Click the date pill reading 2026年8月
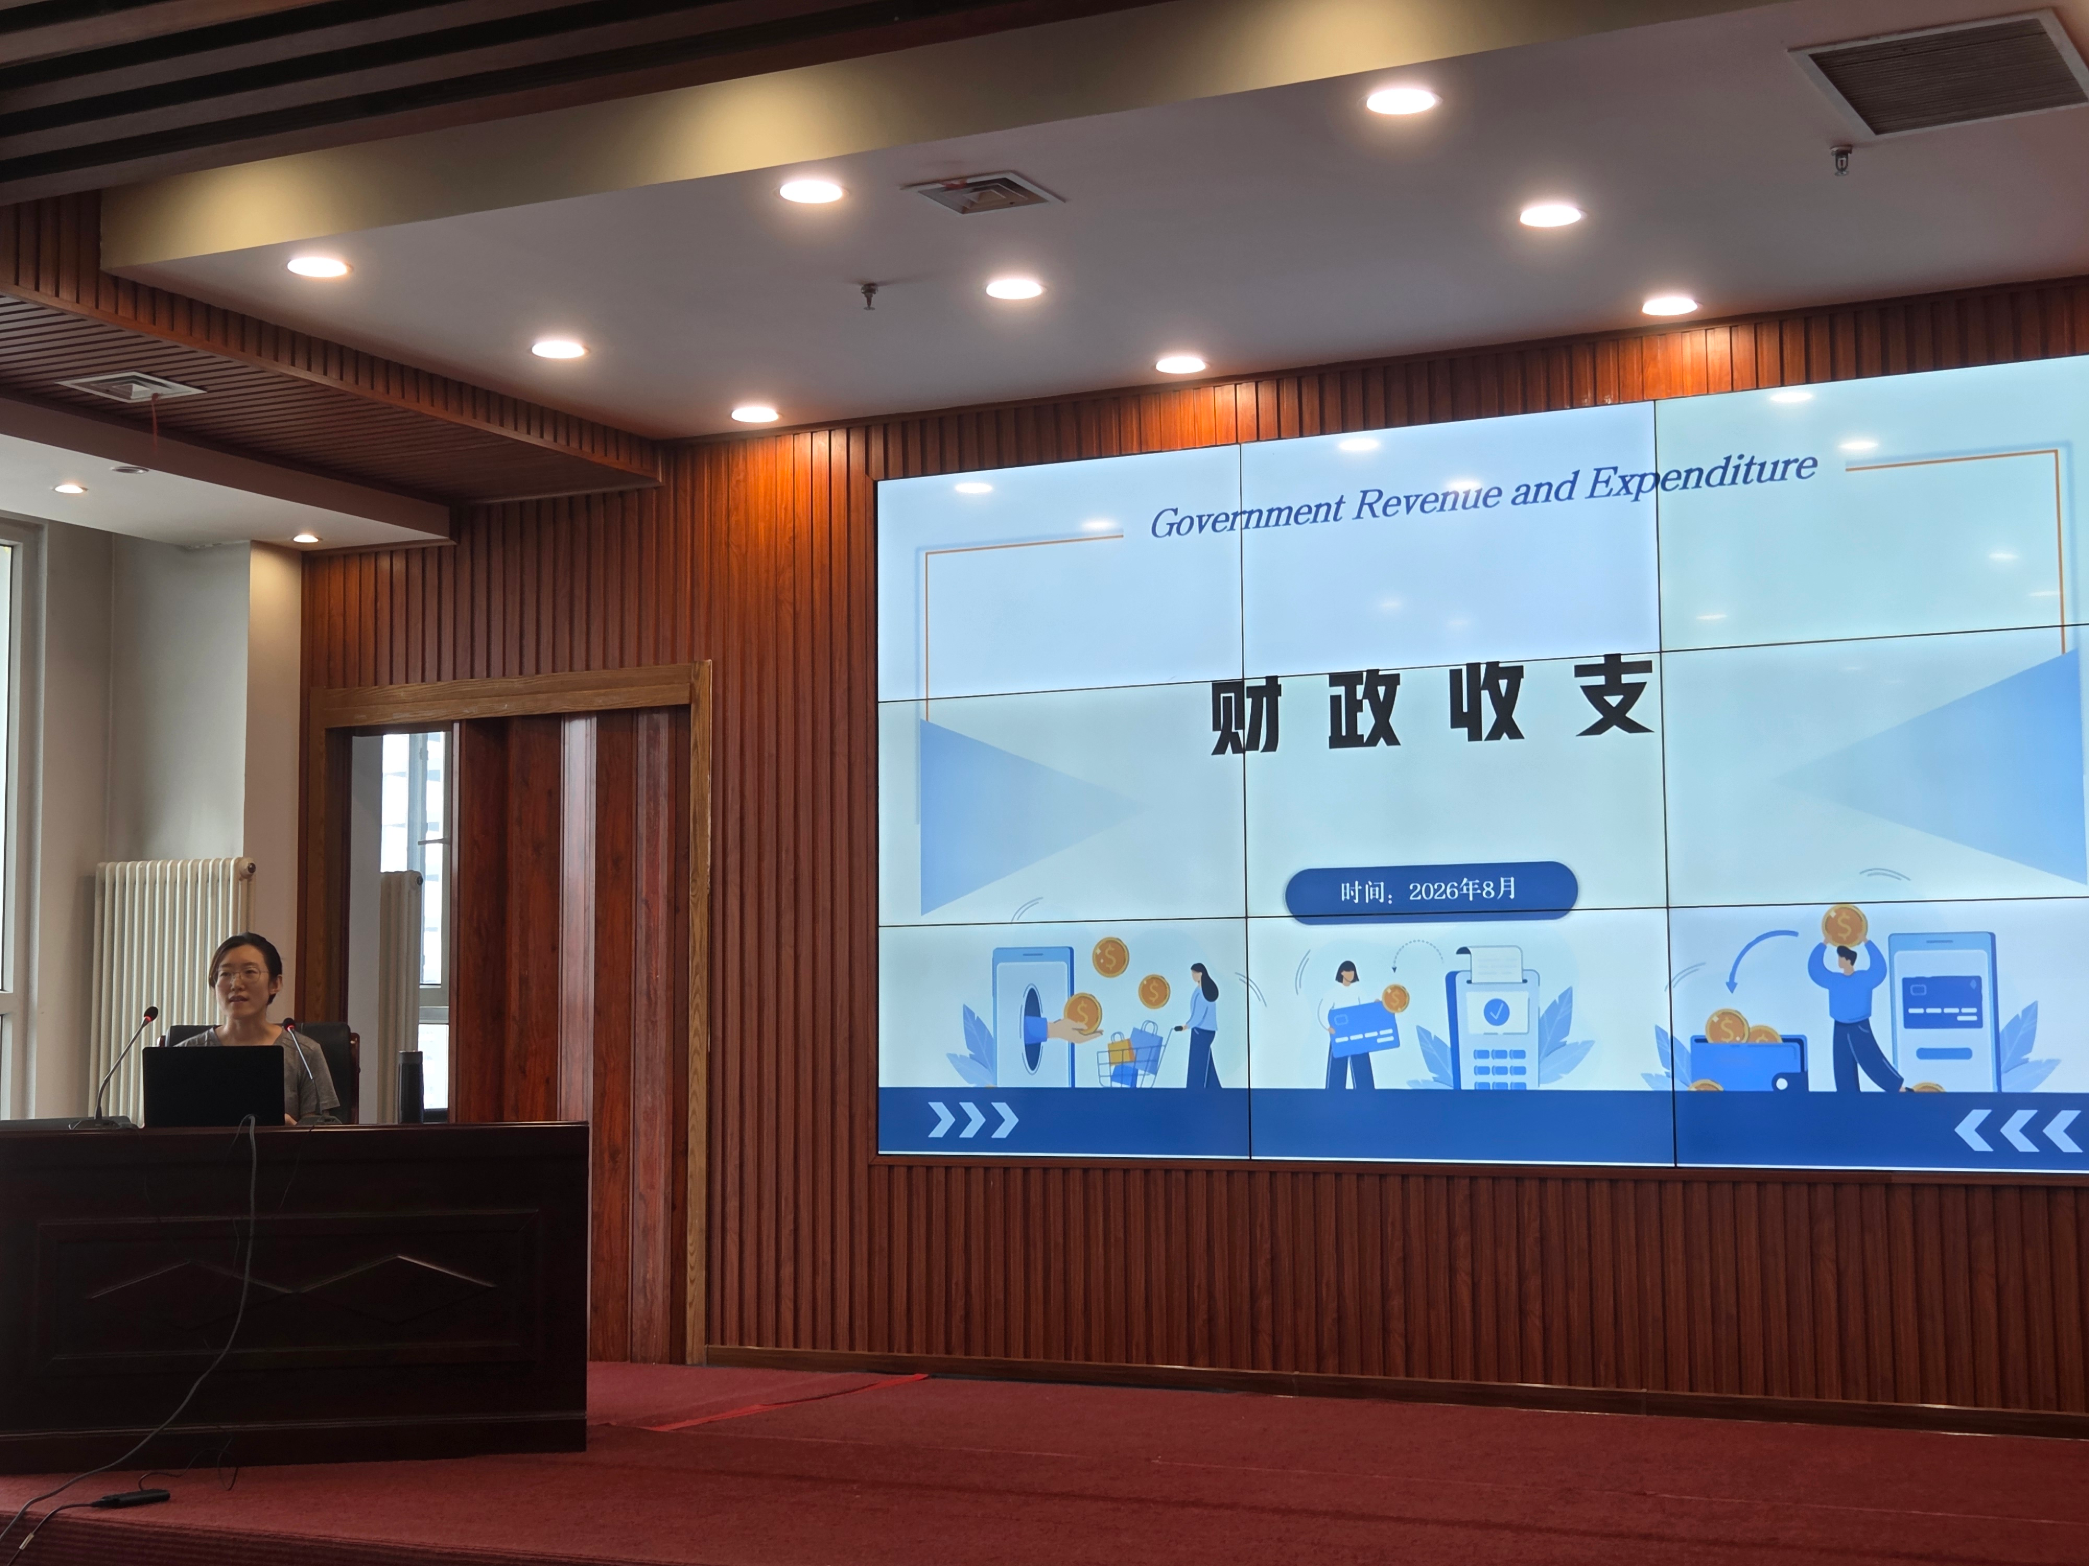1431,890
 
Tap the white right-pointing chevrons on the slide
973,1120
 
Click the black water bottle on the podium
410,1086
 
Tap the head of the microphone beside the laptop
151,1014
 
